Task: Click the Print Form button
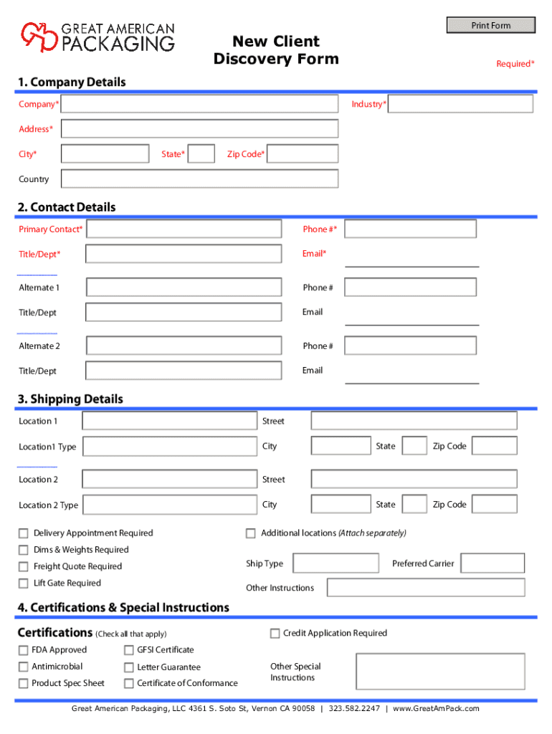(491, 26)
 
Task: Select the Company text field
(199, 105)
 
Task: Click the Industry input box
(460, 105)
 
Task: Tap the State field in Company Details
(201, 154)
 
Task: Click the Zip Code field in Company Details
(303, 154)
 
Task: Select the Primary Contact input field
(184, 229)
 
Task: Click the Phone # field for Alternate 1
(410, 287)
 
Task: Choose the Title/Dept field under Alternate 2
(184, 371)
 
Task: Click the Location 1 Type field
(169, 447)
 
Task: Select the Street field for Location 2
(414, 479)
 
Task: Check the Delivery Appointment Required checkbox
(24, 533)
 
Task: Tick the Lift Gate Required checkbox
(24, 583)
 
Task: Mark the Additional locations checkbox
(251, 533)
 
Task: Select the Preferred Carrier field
(492, 563)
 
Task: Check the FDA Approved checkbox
(24, 650)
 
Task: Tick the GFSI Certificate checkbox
(129, 650)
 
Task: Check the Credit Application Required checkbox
(275, 634)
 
